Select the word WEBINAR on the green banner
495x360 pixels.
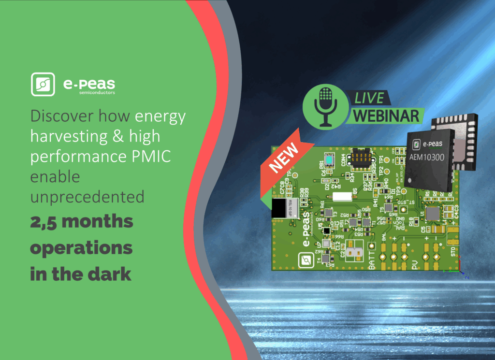click(385, 116)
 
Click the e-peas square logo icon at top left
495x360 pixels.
click(43, 84)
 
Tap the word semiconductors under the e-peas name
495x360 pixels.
click(97, 93)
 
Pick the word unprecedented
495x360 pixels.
click(87, 197)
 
